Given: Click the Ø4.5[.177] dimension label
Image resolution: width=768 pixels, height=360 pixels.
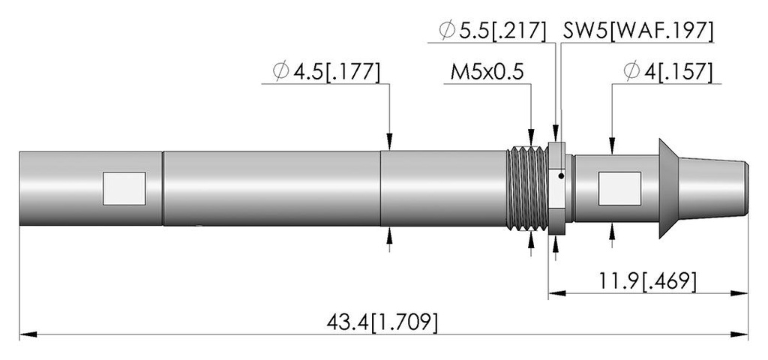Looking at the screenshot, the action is [326, 72].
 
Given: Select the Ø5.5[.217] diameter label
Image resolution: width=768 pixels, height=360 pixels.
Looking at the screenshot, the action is [492, 31].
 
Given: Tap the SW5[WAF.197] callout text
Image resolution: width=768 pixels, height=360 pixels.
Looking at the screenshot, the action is [637, 31].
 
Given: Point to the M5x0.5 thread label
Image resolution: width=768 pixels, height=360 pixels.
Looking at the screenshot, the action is [487, 72].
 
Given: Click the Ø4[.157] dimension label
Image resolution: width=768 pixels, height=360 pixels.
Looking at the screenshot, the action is [667, 72].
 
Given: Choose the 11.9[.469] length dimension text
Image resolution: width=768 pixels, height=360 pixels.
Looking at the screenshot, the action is [647, 282].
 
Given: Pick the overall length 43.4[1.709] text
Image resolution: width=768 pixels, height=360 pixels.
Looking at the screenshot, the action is [382, 323].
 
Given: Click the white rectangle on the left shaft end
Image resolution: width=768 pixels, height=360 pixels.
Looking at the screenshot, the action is [124, 188].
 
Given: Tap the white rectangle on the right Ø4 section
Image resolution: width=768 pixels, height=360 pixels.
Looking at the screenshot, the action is [619, 188].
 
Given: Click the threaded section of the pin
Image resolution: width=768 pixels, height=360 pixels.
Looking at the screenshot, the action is [527, 188].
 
